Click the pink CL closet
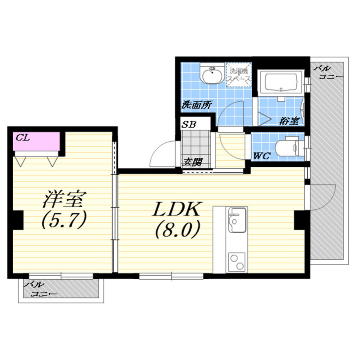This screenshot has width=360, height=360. click(36, 141)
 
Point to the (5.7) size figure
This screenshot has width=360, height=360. click(64, 220)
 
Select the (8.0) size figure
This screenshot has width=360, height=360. click(177, 230)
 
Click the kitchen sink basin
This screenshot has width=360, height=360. click(237, 220)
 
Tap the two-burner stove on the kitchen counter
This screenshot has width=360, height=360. click(237, 262)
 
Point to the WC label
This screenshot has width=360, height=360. click(262, 156)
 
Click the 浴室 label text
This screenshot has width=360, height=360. click(289, 121)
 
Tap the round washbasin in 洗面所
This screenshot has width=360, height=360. click(212, 73)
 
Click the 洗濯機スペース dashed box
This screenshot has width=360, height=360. click(239, 75)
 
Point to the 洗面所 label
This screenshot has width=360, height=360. click(197, 105)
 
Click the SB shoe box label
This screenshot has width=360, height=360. click(189, 124)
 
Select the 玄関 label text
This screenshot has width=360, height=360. click(192, 162)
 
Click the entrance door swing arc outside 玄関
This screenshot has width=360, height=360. click(159, 150)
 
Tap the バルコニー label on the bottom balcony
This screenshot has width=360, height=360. click(41, 289)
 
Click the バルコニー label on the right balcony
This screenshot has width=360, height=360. click(329, 72)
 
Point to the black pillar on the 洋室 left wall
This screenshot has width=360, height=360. click(18, 220)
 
